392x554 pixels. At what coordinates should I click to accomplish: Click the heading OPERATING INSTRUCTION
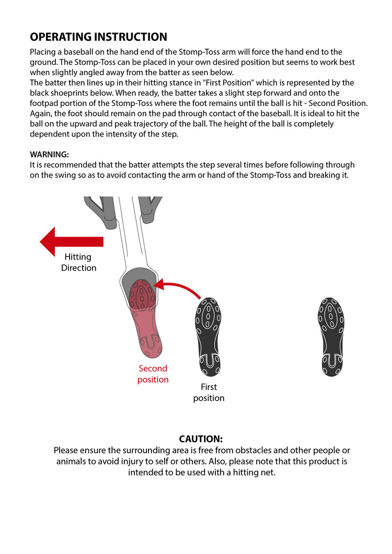pyautogui.click(x=98, y=37)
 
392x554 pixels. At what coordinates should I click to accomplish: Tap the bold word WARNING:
pyautogui.click(x=49, y=155)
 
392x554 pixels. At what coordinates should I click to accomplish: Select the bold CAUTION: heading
pyautogui.click(x=201, y=439)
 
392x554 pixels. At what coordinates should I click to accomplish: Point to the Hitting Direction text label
pyautogui.click(x=78, y=262)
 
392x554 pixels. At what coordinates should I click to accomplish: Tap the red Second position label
pyautogui.click(x=153, y=374)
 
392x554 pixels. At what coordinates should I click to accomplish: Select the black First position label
pyautogui.click(x=209, y=392)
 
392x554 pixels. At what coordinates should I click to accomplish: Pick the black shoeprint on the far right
pyautogui.click(x=330, y=336)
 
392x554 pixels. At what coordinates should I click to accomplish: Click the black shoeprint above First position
pyautogui.click(x=207, y=337)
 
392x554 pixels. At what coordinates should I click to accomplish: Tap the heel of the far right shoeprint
pyautogui.click(x=331, y=364)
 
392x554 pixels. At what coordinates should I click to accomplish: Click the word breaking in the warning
pyautogui.click(x=318, y=175)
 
